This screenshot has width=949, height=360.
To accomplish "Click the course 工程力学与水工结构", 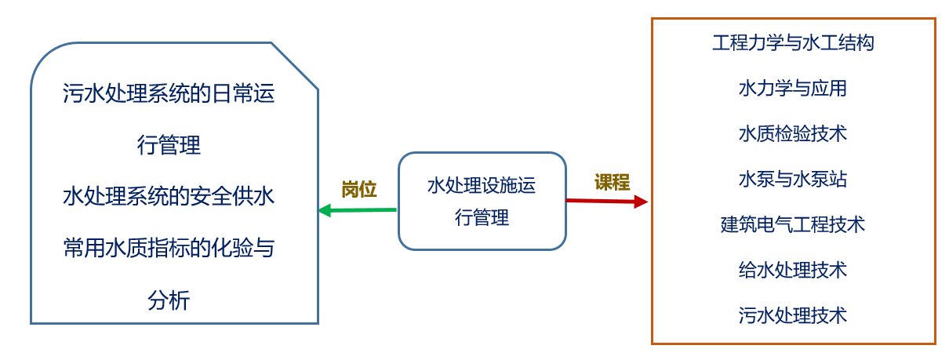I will [793, 42].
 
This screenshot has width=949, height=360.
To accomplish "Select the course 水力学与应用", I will [793, 88].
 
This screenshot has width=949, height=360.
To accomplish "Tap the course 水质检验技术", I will [793, 133].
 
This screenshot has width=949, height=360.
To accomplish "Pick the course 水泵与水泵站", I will [793, 179].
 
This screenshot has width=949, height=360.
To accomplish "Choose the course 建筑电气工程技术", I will [793, 224].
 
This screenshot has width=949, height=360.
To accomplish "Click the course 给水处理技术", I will [793, 270].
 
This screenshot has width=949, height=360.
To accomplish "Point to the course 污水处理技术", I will [793, 315].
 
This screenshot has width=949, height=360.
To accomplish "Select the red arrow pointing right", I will [604, 201].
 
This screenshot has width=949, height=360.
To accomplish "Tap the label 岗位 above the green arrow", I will [359, 189].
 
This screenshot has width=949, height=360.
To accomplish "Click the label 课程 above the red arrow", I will [612, 182].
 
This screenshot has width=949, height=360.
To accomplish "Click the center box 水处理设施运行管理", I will [482, 201].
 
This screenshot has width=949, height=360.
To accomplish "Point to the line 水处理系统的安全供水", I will [169, 195].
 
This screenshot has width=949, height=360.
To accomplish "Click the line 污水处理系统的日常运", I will [169, 94].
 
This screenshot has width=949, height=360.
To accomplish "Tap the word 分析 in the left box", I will [169, 300].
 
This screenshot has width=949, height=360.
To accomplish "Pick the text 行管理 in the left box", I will [169, 145].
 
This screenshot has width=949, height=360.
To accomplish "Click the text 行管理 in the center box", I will [482, 217].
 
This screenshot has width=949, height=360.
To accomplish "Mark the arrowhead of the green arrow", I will [323, 210].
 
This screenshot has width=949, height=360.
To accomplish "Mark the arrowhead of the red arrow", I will [642, 202].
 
